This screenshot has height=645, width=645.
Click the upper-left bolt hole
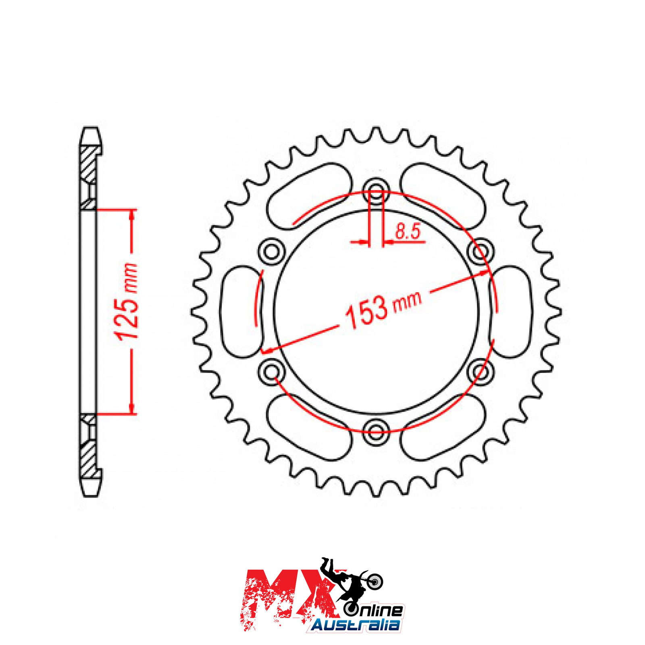click(272, 252)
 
